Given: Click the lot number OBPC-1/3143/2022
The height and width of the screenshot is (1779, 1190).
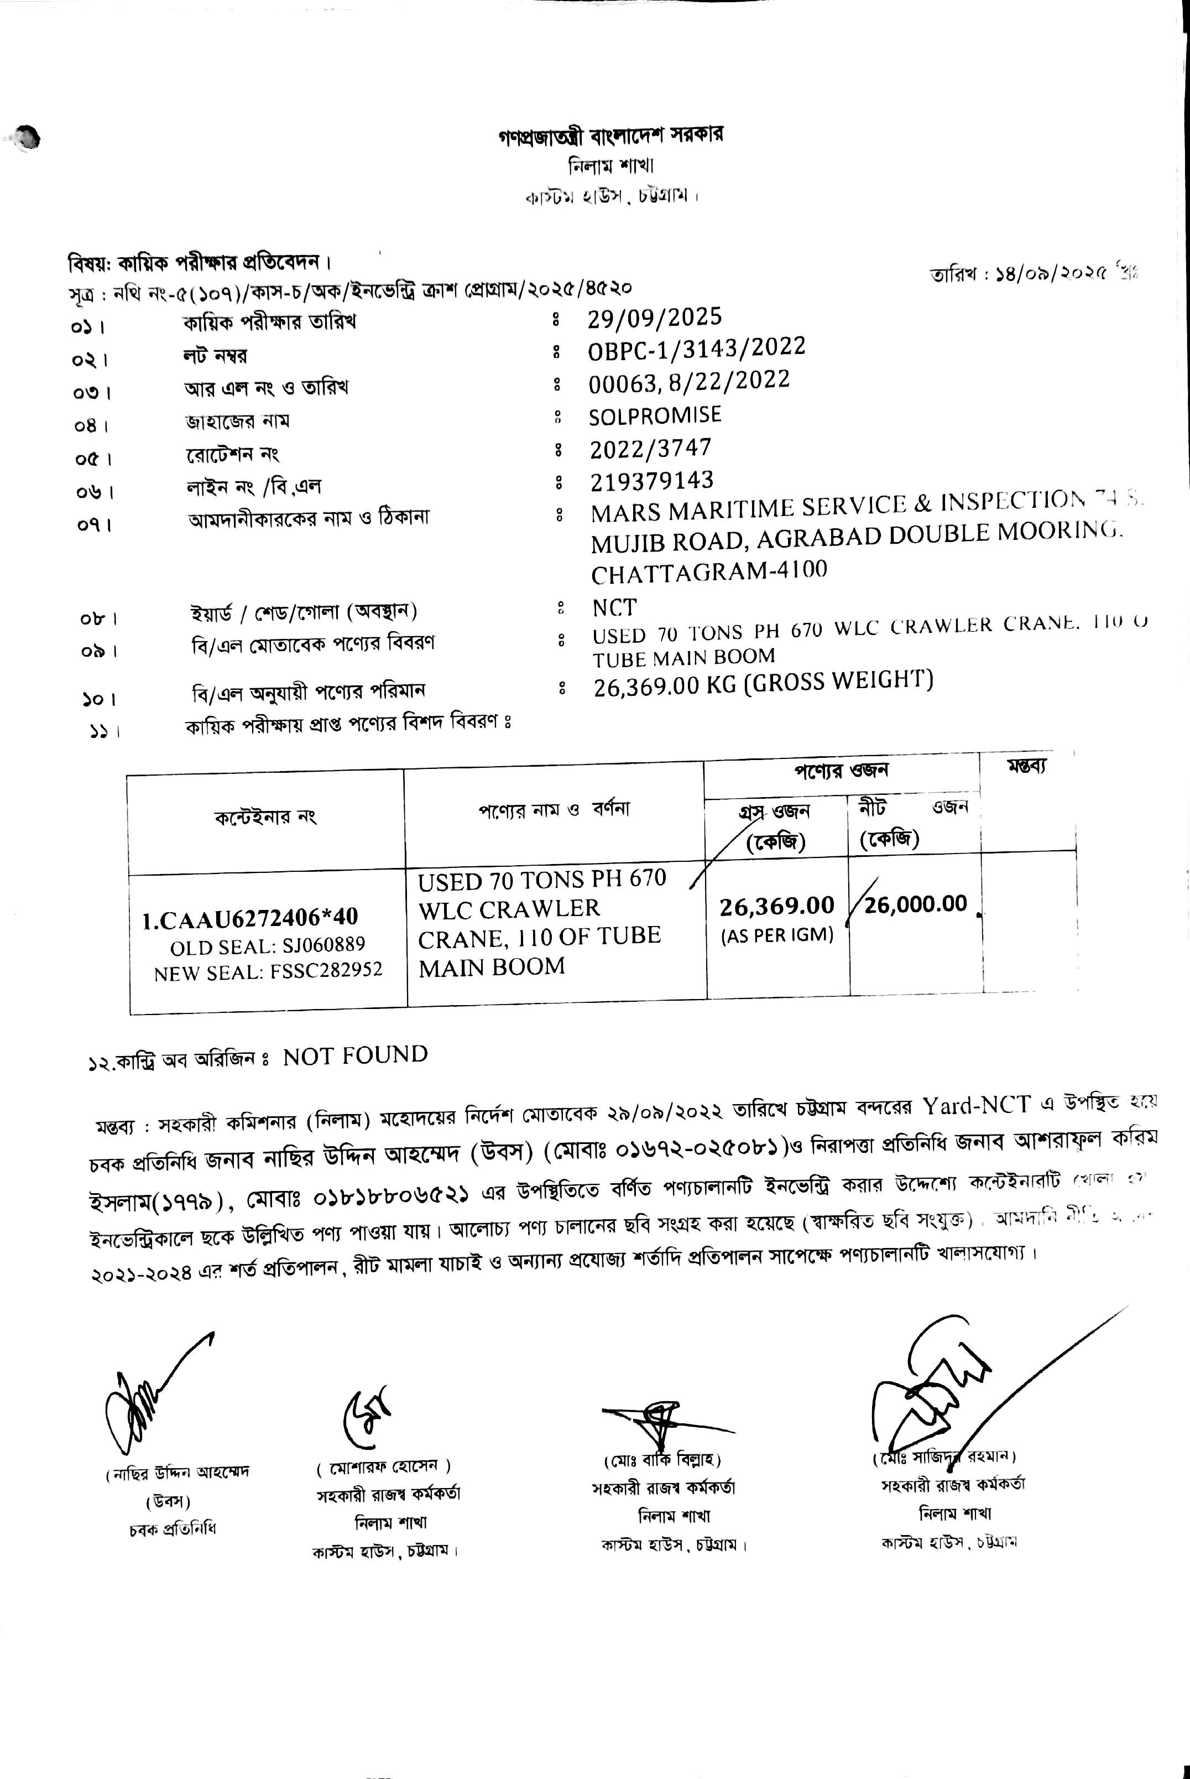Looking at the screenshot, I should (697, 349).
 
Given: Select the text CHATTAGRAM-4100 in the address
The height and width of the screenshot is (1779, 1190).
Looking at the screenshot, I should (709, 570).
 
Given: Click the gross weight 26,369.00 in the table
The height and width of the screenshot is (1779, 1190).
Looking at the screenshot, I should (776, 906).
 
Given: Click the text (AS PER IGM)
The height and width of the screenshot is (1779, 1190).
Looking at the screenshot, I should (776, 935).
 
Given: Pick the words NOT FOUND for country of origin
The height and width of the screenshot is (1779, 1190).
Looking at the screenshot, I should (355, 1055).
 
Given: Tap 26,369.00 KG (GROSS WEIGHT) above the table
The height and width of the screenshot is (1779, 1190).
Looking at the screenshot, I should (763, 682).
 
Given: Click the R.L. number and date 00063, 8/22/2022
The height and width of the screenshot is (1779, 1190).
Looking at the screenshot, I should (689, 382).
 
